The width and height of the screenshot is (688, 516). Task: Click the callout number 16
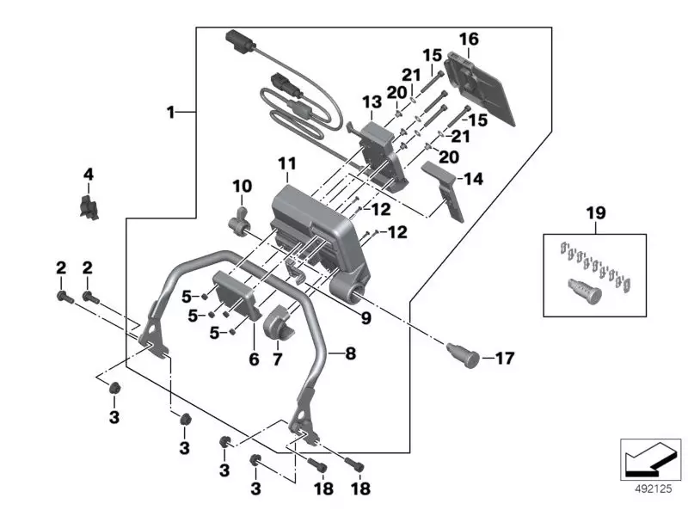click(x=469, y=39)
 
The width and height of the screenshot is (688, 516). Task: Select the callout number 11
click(x=286, y=164)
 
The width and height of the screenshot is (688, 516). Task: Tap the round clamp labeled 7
click(x=281, y=323)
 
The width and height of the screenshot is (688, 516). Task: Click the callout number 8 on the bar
click(x=350, y=353)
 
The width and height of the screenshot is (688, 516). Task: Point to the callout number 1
click(x=170, y=112)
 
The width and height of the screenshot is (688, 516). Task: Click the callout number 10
click(x=243, y=187)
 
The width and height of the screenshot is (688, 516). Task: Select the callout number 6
click(x=254, y=359)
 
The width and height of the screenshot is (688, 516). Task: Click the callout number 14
click(x=474, y=179)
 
